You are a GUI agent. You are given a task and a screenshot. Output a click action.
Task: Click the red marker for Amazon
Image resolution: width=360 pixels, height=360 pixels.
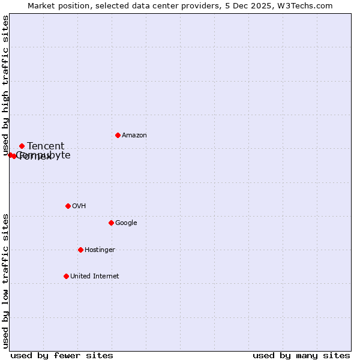click(x=118, y=135)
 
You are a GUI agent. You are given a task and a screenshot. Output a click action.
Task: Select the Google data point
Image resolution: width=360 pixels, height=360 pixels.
click(x=111, y=223)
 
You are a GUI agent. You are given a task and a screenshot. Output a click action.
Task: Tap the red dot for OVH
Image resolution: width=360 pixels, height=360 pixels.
click(x=68, y=206)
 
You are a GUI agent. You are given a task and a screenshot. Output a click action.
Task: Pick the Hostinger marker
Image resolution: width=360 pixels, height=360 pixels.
click(x=80, y=250)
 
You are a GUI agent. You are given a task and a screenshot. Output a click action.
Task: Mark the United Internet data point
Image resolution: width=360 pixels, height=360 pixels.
click(x=66, y=276)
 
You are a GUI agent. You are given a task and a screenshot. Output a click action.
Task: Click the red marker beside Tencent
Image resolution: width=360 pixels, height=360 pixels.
click(x=22, y=146)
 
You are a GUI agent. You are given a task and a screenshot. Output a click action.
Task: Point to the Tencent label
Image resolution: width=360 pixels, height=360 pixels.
click(x=46, y=146)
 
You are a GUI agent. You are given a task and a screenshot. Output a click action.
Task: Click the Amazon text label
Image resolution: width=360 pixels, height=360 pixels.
click(x=134, y=136)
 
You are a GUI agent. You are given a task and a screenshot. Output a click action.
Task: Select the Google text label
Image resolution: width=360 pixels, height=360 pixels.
click(x=126, y=223)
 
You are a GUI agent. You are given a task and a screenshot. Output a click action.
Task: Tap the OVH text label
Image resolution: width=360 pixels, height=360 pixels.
click(x=79, y=206)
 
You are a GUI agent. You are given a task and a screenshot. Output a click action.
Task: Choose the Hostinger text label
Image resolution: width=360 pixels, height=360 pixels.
click(x=100, y=250)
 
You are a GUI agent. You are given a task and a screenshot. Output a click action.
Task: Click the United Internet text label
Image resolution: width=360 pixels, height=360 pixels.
click(x=95, y=277)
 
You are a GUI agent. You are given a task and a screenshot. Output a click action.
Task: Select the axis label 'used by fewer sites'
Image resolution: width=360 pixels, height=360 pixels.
click(x=62, y=355)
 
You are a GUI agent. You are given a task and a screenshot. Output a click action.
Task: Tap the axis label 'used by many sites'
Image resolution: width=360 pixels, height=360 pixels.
click(x=301, y=355)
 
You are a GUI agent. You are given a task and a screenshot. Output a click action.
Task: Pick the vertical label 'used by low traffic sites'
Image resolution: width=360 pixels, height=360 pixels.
click(x=6, y=280)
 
